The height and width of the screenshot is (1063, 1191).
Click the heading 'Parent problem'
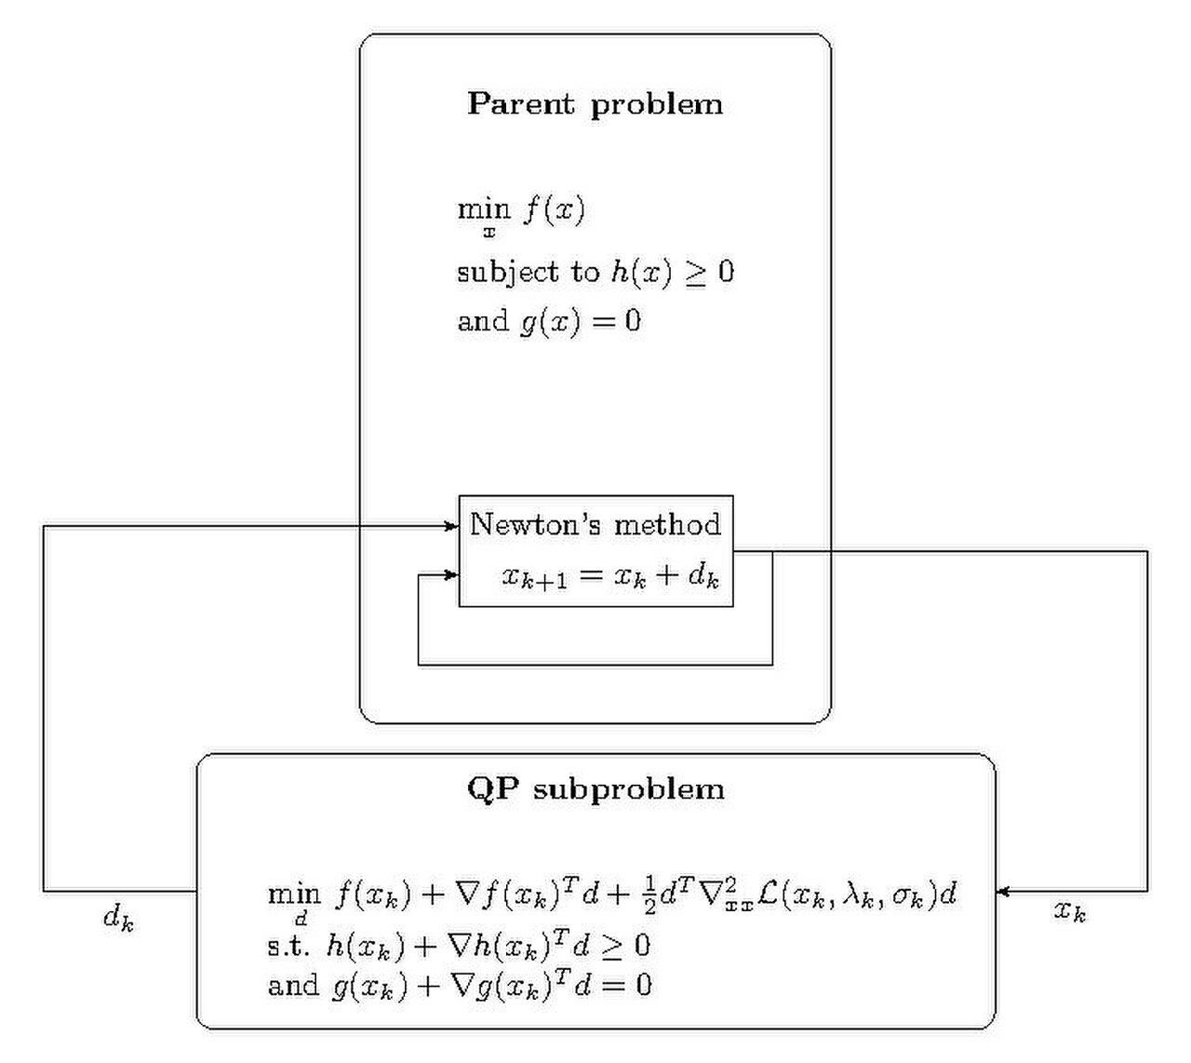(595, 105)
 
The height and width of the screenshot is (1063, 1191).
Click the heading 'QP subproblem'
(595, 789)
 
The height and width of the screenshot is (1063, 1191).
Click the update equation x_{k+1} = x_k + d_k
(610, 576)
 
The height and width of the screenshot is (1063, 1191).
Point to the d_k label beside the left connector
(119, 917)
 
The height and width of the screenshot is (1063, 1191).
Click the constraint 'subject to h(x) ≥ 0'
(595, 273)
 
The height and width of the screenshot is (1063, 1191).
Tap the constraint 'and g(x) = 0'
(549, 322)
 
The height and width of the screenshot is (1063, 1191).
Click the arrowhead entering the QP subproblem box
(1003, 893)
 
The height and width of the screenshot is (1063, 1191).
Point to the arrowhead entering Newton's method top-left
(452, 527)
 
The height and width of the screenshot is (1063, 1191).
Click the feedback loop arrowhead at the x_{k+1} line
(452, 574)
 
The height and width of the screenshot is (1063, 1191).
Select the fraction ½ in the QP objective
(649, 895)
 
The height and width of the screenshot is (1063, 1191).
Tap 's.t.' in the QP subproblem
(288, 947)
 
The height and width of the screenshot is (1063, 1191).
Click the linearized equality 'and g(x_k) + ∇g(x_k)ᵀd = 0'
(459, 986)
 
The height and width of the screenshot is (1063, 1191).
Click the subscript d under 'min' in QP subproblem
(301, 919)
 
